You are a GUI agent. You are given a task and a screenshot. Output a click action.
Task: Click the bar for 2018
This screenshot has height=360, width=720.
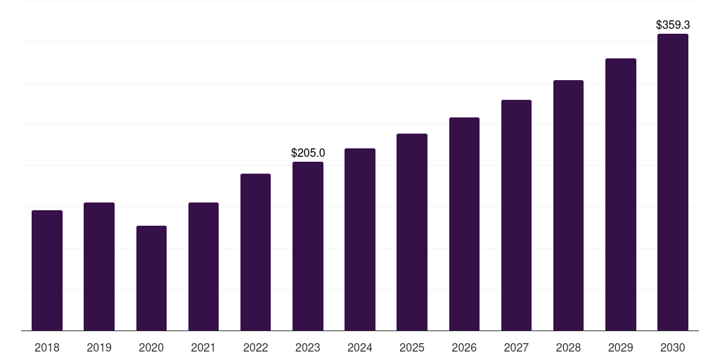tap(47, 271)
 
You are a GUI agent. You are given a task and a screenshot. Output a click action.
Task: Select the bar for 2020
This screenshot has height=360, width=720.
tap(151, 278)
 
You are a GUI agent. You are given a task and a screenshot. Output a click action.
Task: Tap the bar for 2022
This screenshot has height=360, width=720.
tap(255, 252)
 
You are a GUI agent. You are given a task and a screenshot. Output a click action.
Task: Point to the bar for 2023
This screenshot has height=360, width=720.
tap(308, 246)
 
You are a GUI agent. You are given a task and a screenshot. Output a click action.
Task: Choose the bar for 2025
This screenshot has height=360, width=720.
tap(412, 232)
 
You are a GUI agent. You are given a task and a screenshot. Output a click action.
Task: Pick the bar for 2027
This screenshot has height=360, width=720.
tap(516, 215)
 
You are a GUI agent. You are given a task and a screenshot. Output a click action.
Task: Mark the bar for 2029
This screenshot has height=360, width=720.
tap(621, 195)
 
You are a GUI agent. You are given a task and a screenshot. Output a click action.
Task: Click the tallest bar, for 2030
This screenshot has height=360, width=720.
tap(673, 182)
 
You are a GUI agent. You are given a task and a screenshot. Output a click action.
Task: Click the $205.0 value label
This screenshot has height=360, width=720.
tap(308, 153)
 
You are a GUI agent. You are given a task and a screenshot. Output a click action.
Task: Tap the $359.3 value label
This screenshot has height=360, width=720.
tap(673, 25)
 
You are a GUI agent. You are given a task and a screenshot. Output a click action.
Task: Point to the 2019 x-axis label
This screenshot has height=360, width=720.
tap(99, 347)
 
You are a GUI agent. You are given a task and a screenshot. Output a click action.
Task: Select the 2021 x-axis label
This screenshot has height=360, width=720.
tap(203, 347)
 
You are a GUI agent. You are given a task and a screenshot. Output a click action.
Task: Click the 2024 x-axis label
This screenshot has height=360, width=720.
tap(360, 347)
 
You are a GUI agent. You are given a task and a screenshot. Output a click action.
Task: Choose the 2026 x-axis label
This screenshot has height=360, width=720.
tap(464, 347)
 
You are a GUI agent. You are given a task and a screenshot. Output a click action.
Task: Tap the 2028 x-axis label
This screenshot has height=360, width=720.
tap(568, 347)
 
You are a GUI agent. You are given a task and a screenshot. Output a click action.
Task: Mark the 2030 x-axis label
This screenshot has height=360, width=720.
tap(673, 347)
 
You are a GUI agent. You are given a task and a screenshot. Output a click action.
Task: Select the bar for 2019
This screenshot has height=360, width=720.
tap(99, 266)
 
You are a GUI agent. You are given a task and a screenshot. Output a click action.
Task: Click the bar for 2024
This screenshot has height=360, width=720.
tap(360, 240)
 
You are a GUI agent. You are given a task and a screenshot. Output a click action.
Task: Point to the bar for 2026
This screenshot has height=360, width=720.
tap(464, 224)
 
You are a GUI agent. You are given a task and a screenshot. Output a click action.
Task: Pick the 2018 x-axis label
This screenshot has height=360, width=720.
tap(47, 347)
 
